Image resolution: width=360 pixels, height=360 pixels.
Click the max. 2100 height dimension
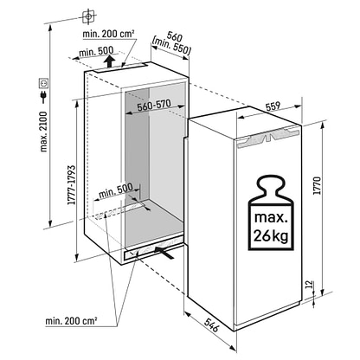[43, 132]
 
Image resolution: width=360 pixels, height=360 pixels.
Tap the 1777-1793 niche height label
[71, 185]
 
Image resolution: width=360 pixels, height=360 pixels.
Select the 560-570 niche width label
[154, 106]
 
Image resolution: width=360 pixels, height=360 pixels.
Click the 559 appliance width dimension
[273, 106]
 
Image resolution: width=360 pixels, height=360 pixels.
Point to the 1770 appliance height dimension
[317, 185]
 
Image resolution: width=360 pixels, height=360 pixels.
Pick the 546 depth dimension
[212, 325]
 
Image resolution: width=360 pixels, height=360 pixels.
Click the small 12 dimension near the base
[309, 285]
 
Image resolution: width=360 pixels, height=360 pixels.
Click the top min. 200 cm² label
[108, 34]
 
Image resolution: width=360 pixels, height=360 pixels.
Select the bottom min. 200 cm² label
[71, 320]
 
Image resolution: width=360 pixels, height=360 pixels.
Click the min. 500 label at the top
[96, 52]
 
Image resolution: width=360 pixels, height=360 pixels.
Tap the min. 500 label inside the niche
[116, 190]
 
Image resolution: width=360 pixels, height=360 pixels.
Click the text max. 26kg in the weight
[271, 227]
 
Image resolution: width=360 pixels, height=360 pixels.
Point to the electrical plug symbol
[44, 95]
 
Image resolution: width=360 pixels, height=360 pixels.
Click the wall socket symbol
[44, 83]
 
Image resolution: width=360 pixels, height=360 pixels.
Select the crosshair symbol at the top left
[88, 16]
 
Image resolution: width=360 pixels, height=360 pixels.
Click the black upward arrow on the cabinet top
[109, 61]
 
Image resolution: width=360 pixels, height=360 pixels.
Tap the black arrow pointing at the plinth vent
[164, 252]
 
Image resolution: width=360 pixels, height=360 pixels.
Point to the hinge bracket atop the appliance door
[267, 137]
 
